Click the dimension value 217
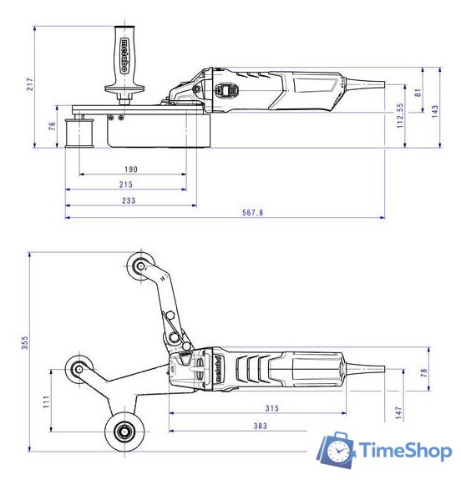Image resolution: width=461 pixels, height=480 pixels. tap(28, 83)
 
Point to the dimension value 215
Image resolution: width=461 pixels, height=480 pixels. tap(126, 184)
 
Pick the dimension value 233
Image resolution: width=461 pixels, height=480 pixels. tap(130, 200)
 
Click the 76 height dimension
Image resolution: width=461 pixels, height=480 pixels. tap(51, 126)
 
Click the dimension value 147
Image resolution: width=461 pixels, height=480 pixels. tap(399, 412)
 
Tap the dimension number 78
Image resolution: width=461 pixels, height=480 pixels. tap(423, 371)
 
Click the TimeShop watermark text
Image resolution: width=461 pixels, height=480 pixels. tap(406, 452)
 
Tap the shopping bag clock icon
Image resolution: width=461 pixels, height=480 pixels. tap(336, 451)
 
